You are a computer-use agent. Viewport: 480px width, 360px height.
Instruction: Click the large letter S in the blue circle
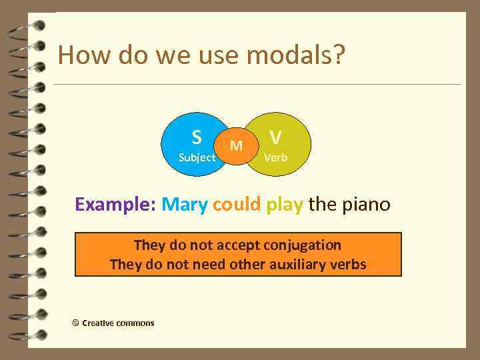(x=197, y=137)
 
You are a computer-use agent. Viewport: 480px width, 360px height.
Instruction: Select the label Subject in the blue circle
(x=197, y=158)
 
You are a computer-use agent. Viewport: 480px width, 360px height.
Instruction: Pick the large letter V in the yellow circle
(x=275, y=137)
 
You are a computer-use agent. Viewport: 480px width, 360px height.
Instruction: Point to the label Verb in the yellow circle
(x=276, y=158)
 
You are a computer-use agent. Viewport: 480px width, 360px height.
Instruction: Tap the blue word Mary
(x=185, y=204)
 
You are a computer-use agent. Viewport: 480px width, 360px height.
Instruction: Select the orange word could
(x=237, y=204)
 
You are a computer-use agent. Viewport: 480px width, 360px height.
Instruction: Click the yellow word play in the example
(x=285, y=204)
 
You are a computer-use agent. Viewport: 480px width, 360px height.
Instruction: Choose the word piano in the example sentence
(x=366, y=204)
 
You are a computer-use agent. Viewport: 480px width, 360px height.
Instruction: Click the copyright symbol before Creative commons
(x=75, y=323)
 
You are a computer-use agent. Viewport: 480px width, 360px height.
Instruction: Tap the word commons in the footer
(x=135, y=323)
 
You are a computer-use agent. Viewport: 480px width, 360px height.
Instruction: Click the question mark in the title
(x=338, y=55)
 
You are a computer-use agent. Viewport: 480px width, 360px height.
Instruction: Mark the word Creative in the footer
(x=97, y=323)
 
